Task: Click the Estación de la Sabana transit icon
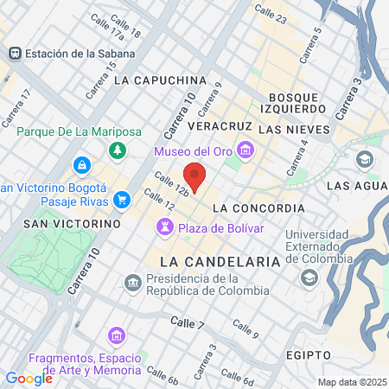(x=14, y=54)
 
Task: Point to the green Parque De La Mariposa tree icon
(x=112, y=151)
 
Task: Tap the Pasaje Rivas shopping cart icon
(x=122, y=201)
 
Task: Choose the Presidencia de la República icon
(x=132, y=282)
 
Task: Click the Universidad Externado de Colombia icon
(x=309, y=277)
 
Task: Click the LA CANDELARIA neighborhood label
(x=220, y=260)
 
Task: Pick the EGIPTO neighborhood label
(x=306, y=355)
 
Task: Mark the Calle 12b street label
(x=170, y=181)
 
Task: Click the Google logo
(x=29, y=378)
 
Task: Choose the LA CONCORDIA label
(x=258, y=208)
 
